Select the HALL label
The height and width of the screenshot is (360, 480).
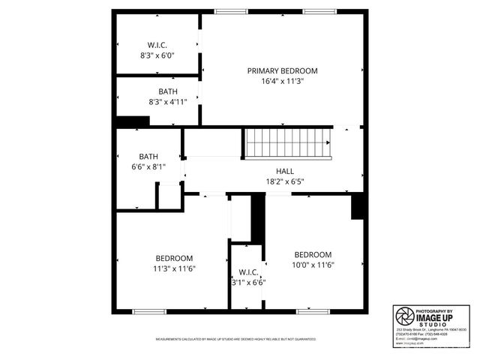pyautogui.click(x=284, y=170)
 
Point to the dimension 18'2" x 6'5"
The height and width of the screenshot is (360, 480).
pyautogui.click(x=284, y=181)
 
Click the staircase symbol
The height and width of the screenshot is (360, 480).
pyautogui.click(x=288, y=142)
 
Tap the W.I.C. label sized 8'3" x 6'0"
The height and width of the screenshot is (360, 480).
pyautogui.click(x=157, y=45)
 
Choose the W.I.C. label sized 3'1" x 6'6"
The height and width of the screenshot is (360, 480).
pyautogui.click(x=248, y=271)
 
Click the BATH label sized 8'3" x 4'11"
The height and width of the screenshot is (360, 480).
pyautogui.click(x=157, y=91)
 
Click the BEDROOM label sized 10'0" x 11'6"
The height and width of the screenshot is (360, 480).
pyautogui.click(x=313, y=254)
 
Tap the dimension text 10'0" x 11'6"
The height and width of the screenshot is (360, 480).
pyautogui.click(x=313, y=265)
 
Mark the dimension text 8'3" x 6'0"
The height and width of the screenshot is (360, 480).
pyautogui.click(x=157, y=55)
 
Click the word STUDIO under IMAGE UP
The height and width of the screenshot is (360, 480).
pyautogui.click(x=434, y=324)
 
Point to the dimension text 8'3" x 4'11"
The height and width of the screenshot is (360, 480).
pyautogui.click(x=157, y=102)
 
